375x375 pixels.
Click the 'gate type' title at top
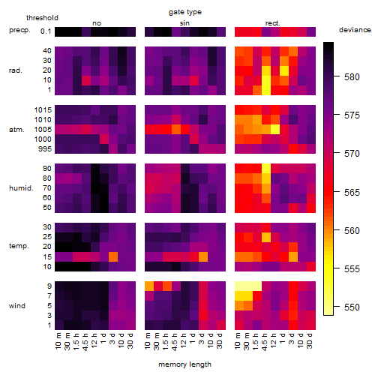[185, 12]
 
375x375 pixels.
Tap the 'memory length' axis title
[184, 364]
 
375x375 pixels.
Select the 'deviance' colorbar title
[355, 30]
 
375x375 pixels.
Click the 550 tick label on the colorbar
[352, 307]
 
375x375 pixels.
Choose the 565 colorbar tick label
[352, 192]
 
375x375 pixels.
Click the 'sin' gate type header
[184, 23]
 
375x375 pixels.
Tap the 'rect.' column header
[273, 23]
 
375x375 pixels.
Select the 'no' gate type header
[97, 23]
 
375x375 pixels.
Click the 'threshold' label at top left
[42, 18]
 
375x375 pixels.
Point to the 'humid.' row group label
[21, 188]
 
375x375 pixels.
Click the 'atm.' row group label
[16, 130]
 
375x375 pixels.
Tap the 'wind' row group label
[17, 306]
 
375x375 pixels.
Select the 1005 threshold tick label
[43, 130]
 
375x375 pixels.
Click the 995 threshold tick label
[45, 149]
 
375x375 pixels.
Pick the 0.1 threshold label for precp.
[46, 31]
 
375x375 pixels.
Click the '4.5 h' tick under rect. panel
[265, 341]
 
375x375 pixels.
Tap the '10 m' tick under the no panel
[58, 340]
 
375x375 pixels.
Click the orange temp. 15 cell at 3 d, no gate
[113, 256]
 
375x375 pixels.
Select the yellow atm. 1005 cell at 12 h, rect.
[275, 130]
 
